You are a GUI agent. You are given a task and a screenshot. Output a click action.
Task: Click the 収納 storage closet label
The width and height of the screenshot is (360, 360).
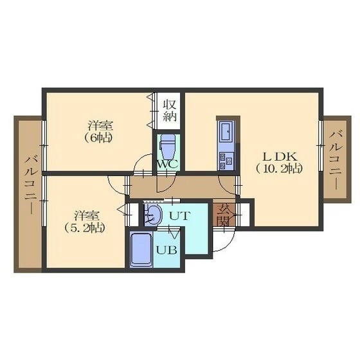pos(170,111)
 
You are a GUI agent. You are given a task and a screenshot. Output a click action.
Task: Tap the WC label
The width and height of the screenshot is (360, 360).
pos(167,164)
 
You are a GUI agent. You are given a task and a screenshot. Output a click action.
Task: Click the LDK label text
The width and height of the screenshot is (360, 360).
pos(280,157)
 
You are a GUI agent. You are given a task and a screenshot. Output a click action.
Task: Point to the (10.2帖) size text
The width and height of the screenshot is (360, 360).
pos(278,169)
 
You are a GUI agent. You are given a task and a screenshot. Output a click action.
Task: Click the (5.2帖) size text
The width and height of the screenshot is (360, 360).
pos(85,228)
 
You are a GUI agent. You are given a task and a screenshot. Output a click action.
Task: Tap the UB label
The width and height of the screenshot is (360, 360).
pos(166,250)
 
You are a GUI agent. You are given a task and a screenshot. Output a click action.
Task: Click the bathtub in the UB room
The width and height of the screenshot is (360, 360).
pos(141,249)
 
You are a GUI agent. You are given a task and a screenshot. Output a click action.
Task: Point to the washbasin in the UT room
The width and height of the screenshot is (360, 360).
pos(152,215)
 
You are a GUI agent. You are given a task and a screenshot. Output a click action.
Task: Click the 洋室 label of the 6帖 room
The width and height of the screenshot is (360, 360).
pos(100,125)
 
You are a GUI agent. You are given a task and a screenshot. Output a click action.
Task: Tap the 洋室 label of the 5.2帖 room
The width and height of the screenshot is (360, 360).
pos(87,215)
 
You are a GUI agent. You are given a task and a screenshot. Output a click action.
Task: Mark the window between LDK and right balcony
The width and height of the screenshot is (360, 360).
pos(321,145)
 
